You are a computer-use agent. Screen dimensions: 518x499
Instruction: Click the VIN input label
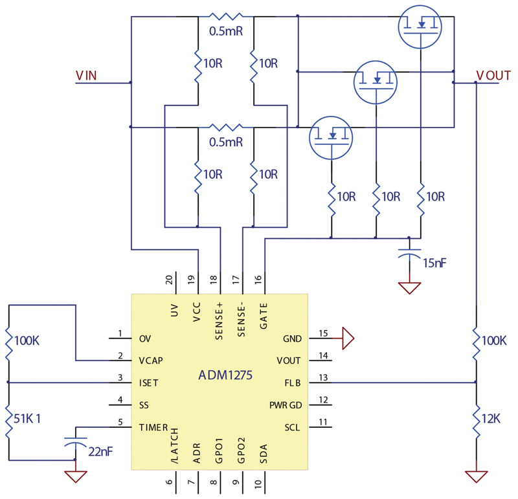(86, 76)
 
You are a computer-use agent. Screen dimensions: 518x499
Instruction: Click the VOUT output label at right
(493, 76)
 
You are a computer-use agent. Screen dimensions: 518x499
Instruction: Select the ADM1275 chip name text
(225, 375)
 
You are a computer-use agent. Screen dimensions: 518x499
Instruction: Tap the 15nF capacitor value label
(434, 263)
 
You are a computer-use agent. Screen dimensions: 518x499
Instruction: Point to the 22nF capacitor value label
(101, 452)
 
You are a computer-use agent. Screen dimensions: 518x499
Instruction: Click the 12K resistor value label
(491, 419)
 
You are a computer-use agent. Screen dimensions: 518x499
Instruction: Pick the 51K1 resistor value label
(27, 419)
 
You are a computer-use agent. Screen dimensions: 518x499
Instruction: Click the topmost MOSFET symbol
(420, 27)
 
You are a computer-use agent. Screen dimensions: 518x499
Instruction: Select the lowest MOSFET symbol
(331, 138)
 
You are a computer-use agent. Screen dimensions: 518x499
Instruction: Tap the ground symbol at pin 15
(348, 338)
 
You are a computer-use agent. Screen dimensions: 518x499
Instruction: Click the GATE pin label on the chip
(264, 316)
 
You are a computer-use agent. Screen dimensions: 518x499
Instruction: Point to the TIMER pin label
(153, 427)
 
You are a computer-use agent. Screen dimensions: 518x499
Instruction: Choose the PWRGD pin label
(286, 405)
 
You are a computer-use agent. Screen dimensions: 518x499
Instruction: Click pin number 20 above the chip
(169, 280)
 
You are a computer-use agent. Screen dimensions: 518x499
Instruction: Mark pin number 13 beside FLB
(323, 377)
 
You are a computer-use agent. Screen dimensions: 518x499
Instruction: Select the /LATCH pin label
(175, 445)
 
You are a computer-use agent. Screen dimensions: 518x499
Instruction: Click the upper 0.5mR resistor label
(226, 31)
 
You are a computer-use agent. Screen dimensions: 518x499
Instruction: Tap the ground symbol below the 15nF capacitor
(409, 288)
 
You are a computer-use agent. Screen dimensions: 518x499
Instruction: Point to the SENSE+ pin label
(219, 321)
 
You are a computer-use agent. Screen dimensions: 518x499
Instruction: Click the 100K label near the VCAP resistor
(27, 340)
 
